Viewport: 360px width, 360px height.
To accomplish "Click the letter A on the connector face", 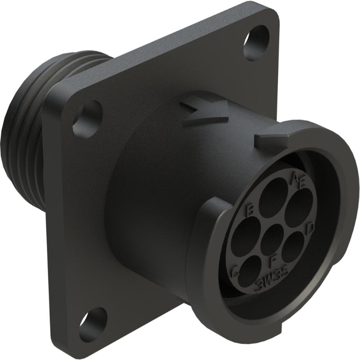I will [295, 179].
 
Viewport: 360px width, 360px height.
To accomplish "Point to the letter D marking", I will [310, 228].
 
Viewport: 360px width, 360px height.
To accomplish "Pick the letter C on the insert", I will [235, 273].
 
